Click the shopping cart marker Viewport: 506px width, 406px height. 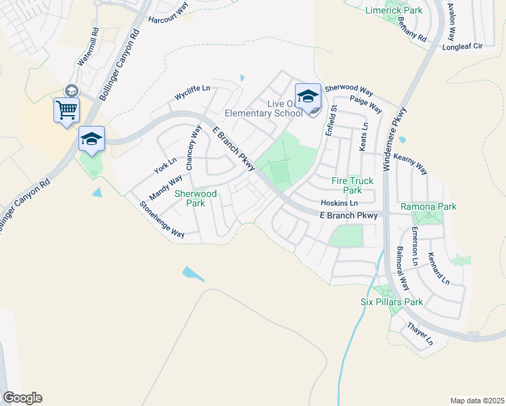(66, 110)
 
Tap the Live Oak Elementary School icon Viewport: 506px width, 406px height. (308, 95)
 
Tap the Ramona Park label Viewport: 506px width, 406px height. (428, 206)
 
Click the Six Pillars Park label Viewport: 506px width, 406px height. (392, 302)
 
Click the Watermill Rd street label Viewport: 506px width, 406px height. (88, 47)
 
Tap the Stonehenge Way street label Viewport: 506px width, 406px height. (162, 219)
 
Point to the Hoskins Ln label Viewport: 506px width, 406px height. (339, 203)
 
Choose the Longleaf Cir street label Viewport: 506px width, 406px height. (462, 47)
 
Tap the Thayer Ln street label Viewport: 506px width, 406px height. (420, 334)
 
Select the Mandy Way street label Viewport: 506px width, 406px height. (166, 187)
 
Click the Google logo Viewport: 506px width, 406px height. (22, 398)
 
